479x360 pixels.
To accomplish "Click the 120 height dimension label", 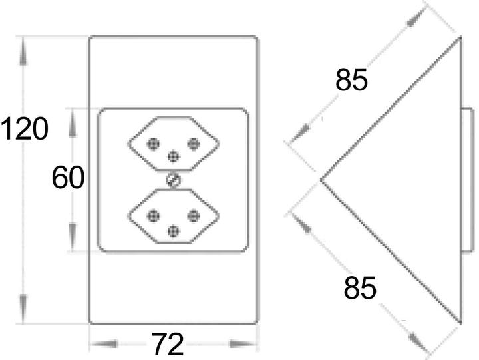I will [25, 129].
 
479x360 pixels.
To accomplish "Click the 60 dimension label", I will [68, 178].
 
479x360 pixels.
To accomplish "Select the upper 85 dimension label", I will [351, 81].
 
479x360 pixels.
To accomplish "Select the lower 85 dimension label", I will [360, 289].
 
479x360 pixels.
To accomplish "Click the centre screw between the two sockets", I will [173, 180].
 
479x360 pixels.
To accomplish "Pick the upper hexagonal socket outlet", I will [173, 145].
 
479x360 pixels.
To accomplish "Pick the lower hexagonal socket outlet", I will [173, 217].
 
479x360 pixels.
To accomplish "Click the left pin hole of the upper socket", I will [153, 143].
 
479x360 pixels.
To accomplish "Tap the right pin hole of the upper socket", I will [193, 143].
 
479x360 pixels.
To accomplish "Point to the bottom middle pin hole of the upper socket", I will [173, 156].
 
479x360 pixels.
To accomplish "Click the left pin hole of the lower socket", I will [153, 215].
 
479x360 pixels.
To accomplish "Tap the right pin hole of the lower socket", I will [193, 215].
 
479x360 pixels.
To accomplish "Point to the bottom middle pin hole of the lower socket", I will [173, 230].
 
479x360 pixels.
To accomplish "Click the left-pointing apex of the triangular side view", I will [321, 179].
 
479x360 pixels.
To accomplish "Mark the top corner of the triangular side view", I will [459, 39].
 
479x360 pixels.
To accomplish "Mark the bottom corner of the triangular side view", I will [459, 323].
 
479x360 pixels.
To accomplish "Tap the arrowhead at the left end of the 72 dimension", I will [97, 344].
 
